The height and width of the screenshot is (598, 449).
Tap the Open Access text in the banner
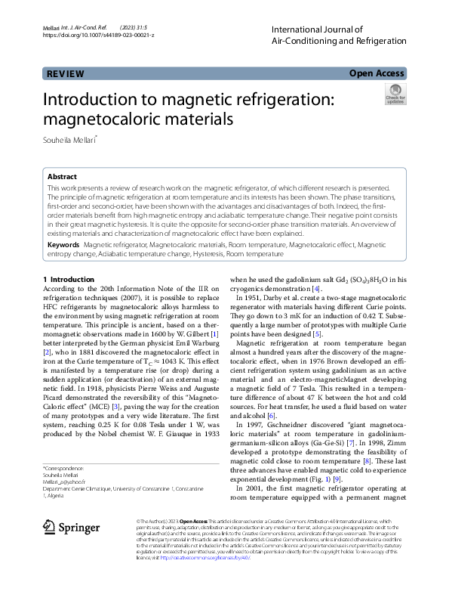pos(377,74)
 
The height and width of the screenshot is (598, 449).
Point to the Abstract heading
pos(62,175)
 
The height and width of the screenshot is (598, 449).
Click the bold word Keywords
pos(63,245)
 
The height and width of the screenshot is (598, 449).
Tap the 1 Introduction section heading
pos(69,280)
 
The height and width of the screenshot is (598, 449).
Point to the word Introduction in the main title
pos(98,101)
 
